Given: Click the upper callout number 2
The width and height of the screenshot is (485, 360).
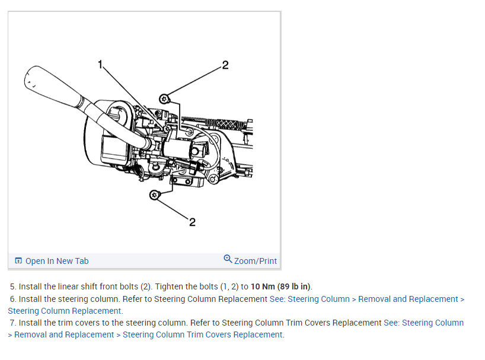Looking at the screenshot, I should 225,65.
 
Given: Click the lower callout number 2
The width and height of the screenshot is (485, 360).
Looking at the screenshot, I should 192,222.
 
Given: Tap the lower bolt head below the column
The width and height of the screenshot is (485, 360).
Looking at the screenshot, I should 154,195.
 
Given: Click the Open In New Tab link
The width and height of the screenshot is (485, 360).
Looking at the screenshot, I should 57,261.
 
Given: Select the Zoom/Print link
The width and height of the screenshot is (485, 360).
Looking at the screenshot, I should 256,261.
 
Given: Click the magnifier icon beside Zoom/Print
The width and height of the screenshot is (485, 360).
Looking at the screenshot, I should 228,259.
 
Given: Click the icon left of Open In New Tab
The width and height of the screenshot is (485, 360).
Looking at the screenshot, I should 18,261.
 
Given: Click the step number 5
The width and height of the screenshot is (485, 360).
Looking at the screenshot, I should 12,287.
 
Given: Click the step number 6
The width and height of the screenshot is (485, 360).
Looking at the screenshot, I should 12,299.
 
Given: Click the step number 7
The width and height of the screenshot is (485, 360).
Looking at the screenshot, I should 12,323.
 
